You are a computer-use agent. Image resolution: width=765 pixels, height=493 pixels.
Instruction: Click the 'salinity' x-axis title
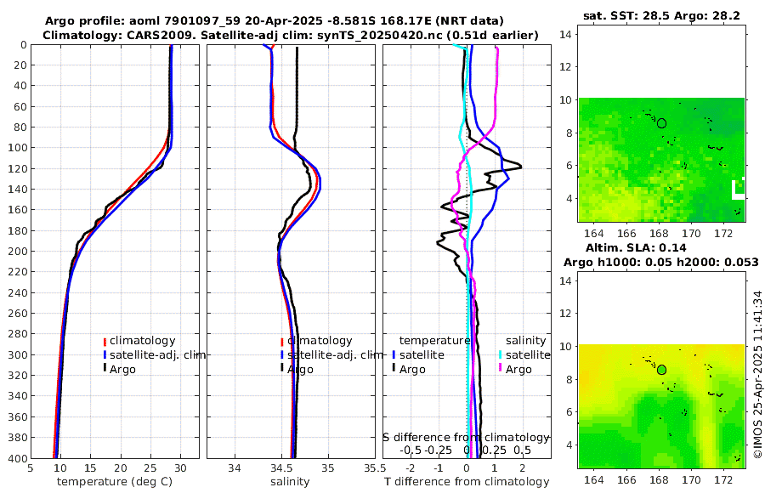point(290,482)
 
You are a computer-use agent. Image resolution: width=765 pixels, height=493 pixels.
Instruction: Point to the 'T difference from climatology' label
point(467,482)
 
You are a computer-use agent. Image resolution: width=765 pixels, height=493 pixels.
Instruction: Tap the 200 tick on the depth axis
point(17,252)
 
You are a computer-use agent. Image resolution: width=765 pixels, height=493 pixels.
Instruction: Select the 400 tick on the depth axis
point(17,459)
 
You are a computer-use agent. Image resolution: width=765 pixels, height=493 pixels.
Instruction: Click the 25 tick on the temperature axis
point(150,467)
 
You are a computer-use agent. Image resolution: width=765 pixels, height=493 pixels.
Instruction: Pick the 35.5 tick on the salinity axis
point(371,467)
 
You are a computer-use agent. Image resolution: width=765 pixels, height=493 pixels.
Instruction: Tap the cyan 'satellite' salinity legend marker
point(501,355)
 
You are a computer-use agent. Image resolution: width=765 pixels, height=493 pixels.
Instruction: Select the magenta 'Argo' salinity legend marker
point(501,369)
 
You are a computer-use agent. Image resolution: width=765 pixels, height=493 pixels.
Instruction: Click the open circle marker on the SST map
point(661,123)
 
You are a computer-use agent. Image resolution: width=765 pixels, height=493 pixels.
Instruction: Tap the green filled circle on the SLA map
point(661,370)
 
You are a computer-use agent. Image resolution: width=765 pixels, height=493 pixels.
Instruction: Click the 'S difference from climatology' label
point(466,437)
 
